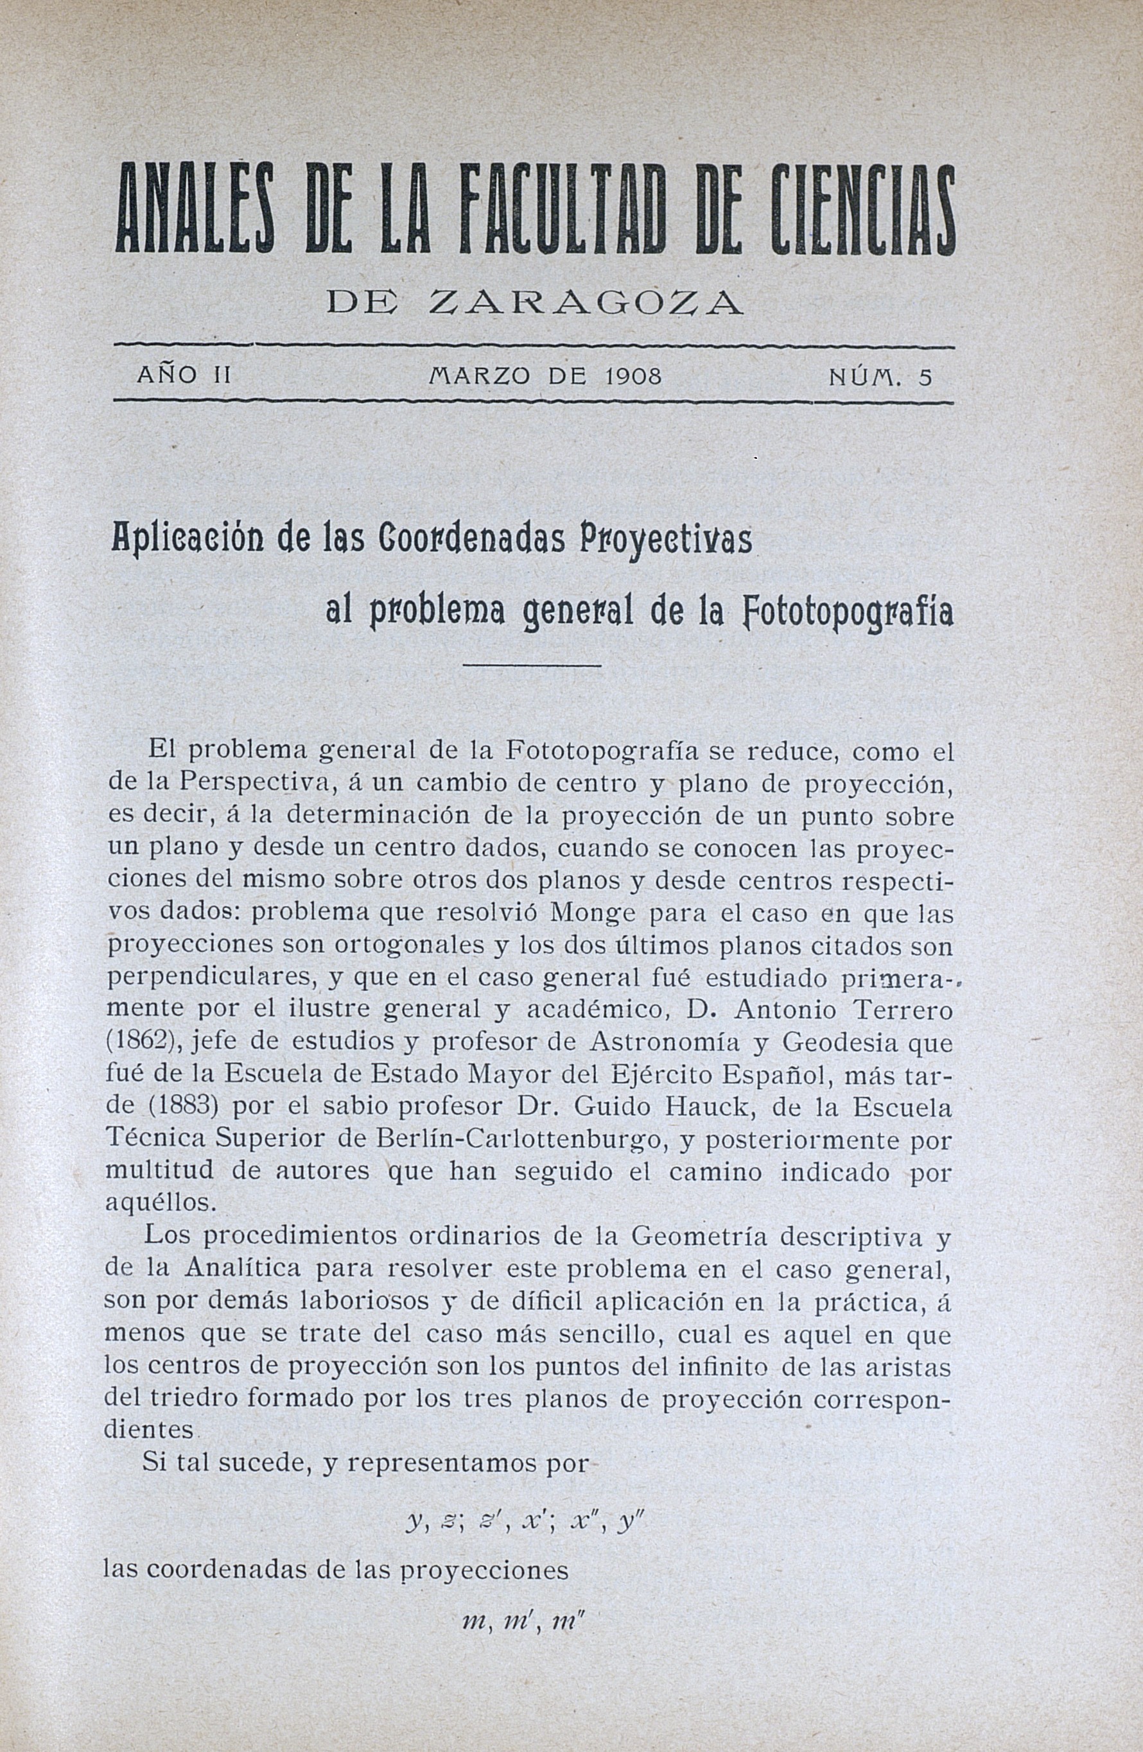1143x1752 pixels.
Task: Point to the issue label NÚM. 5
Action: (x=880, y=377)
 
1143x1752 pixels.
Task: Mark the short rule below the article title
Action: (x=532, y=666)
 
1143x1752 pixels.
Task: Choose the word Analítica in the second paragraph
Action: (x=243, y=1268)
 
